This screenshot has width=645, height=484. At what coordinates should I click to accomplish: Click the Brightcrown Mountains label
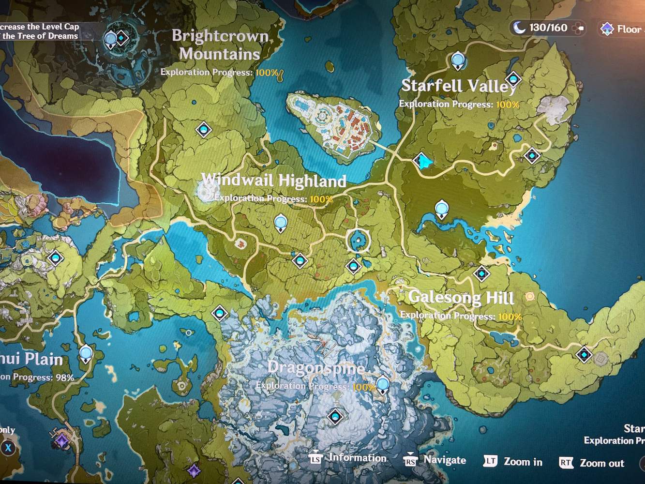pos(220,45)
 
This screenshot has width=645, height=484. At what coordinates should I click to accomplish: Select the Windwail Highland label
pos(274,181)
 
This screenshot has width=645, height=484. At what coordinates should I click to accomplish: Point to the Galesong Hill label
pos(461,297)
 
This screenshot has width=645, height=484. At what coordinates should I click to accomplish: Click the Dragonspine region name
pos(316,367)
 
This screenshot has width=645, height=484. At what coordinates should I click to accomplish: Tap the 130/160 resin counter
pos(548,28)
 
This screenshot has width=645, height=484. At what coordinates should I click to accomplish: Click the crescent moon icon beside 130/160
pos(519,28)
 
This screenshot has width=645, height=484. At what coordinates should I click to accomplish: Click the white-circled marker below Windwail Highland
pos(358,241)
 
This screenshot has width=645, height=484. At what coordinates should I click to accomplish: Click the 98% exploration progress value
pos(64,378)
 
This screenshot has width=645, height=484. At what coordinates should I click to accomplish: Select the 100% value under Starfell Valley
pos(508,105)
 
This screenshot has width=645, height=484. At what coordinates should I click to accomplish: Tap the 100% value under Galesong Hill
pos(510,317)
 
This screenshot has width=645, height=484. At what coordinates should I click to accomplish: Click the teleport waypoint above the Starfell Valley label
pos(458,61)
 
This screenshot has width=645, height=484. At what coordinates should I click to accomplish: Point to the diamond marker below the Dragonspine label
pos(335,416)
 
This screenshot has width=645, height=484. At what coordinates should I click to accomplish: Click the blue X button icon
pos(8,448)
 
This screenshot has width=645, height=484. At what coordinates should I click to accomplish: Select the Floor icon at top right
pos(607,29)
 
